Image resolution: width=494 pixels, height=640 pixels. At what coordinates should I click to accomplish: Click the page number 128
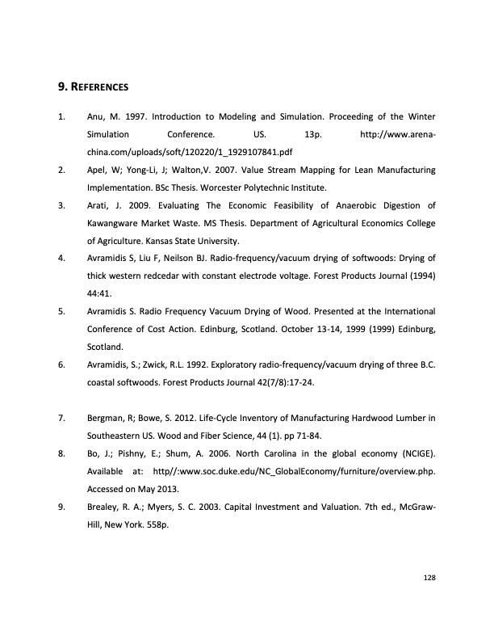click(429, 578)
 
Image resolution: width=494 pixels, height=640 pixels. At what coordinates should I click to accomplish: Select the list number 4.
click(61, 259)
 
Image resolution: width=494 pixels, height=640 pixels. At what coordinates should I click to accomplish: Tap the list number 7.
click(61, 418)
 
